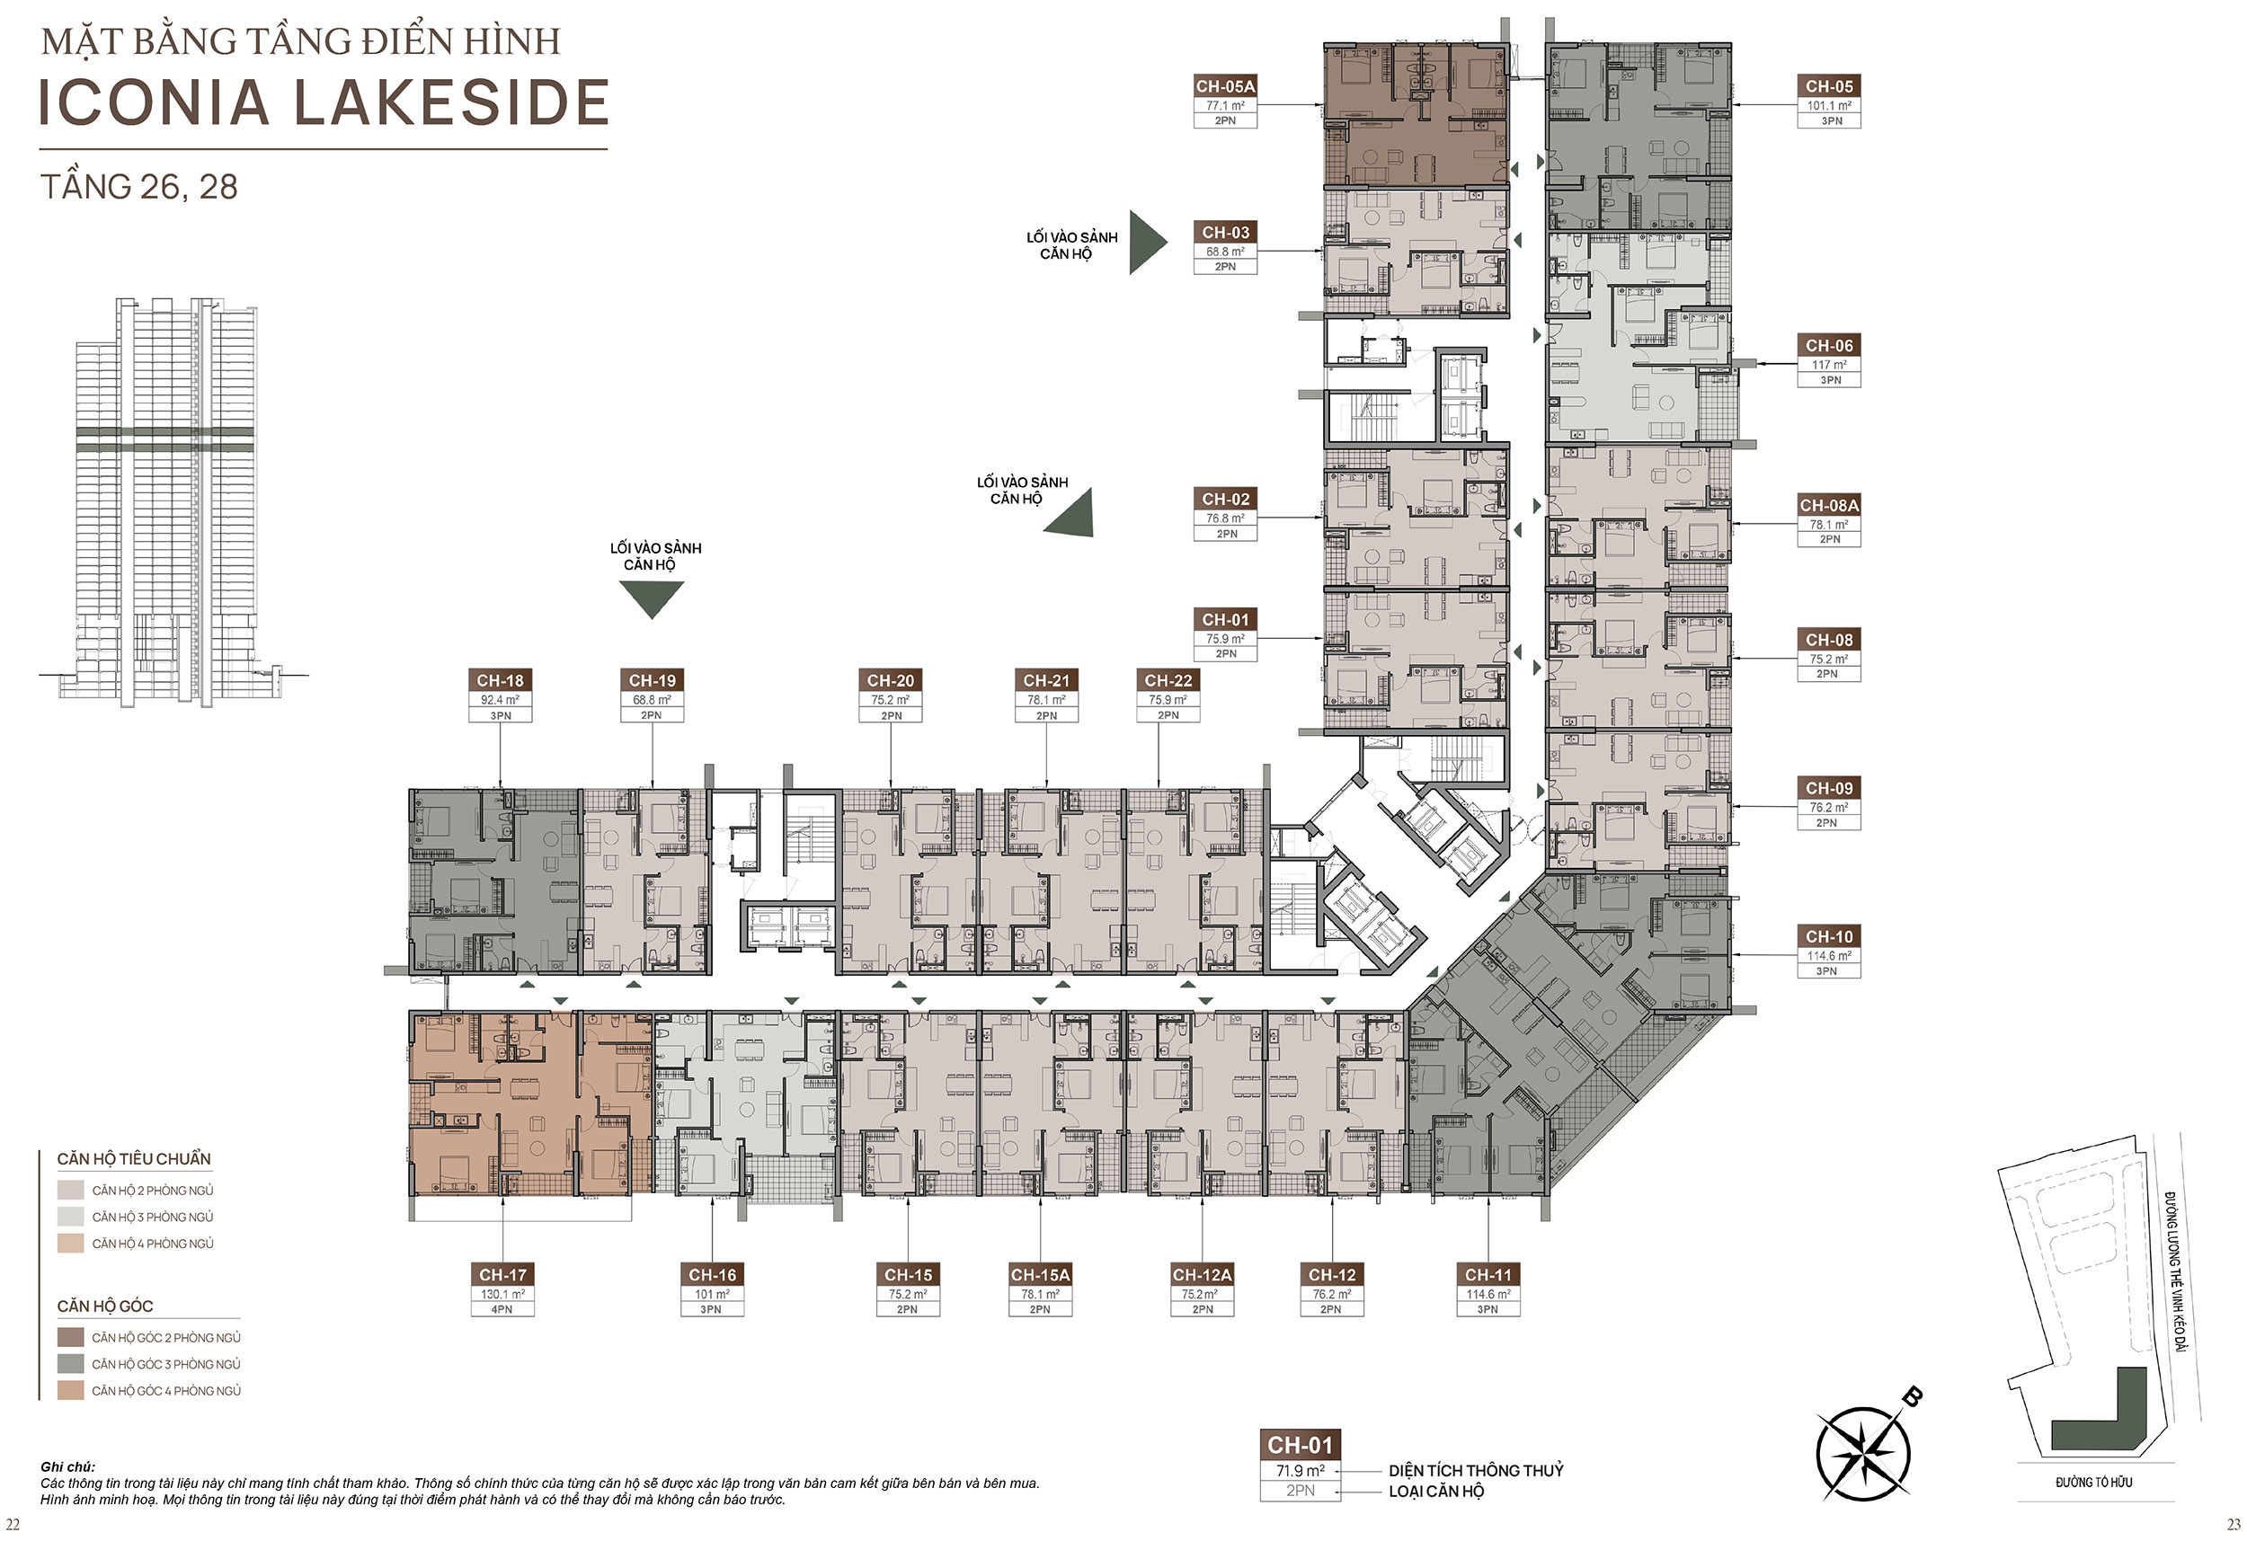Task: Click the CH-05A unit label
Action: pyautogui.click(x=1225, y=86)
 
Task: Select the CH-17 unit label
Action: pyautogui.click(x=502, y=1274)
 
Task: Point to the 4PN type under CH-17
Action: pyautogui.click(x=502, y=1309)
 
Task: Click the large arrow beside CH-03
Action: pyautogui.click(x=1149, y=243)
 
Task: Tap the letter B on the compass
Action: pyautogui.click(x=1912, y=1396)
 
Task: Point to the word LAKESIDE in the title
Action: pyautogui.click(x=450, y=102)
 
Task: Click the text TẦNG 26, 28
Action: pyautogui.click(x=139, y=187)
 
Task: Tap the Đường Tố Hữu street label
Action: pyautogui.click(x=2094, y=1482)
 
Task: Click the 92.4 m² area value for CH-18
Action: pyautogui.click(x=500, y=700)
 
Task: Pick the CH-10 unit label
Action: pyautogui.click(x=1829, y=935)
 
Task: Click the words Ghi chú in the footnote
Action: pyautogui.click(x=67, y=1466)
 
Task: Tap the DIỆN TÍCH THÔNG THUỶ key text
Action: pyautogui.click(x=1476, y=1470)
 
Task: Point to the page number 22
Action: pyautogui.click(x=13, y=1525)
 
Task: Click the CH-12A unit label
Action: pyautogui.click(x=1202, y=1274)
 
